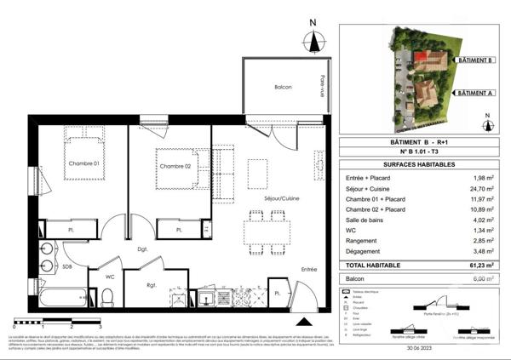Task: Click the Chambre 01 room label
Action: [84, 163]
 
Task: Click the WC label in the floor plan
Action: [110, 276]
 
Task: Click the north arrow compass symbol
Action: [314, 39]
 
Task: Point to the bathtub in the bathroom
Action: [60, 297]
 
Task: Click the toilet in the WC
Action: [106, 297]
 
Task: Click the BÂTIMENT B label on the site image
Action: [475, 60]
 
